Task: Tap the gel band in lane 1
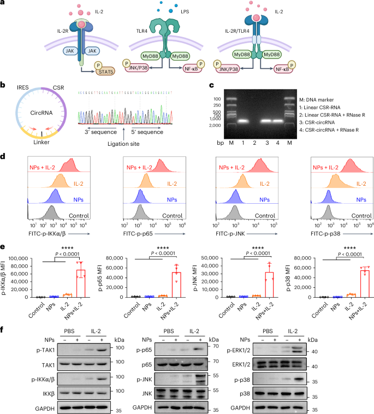click(x=244, y=121)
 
